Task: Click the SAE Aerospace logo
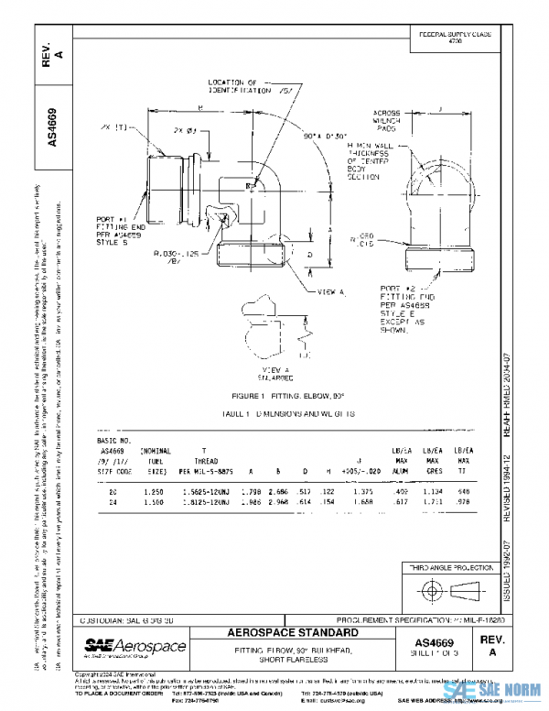135,649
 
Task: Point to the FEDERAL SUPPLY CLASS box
455,38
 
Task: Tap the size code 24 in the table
112,501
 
